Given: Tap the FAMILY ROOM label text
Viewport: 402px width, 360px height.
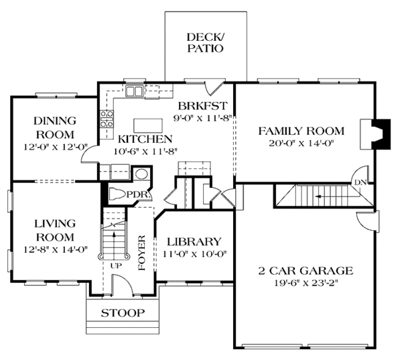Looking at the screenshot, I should click(x=301, y=131).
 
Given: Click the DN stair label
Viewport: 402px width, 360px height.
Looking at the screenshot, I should click(x=360, y=181).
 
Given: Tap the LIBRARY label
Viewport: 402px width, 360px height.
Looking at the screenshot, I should click(x=194, y=241).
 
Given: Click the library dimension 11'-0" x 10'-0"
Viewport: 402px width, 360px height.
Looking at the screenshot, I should click(x=194, y=254).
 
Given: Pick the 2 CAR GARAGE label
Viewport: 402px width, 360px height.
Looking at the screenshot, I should click(x=306, y=271).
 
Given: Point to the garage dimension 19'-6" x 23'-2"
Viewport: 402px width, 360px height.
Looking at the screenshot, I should click(x=306, y=284).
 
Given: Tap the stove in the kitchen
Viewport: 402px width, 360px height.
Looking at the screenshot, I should click(x=107, y=119).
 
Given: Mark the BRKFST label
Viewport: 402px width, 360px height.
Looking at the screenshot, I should click(x=204, y=105).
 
